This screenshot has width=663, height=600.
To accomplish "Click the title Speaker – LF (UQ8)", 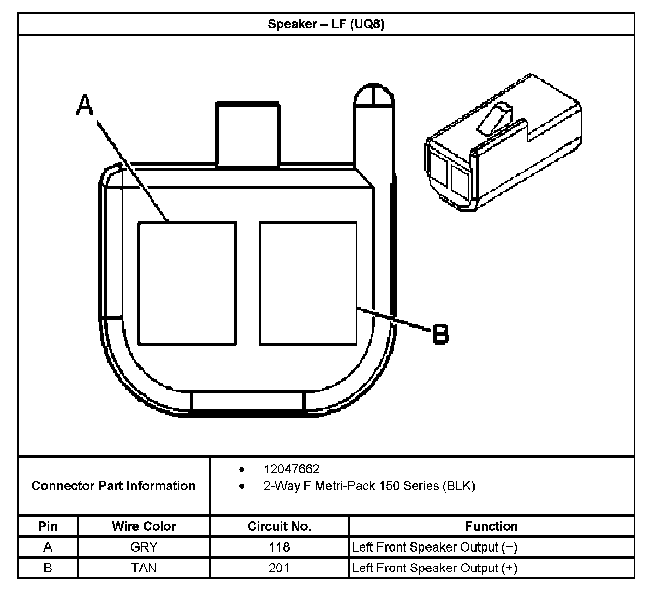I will coord(326,24).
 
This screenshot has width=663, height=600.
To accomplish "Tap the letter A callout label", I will coord(85,106).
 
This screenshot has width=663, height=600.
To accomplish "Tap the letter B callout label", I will coord(441,334).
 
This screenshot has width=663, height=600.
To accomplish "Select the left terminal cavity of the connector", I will coord(187,283).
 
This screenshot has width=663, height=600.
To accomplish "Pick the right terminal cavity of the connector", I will coord(308,283).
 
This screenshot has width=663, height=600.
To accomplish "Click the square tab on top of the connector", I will coord(248,134).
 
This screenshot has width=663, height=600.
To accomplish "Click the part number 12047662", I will coord(292,469).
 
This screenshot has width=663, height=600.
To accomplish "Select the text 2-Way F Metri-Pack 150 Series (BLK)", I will coord(369,486).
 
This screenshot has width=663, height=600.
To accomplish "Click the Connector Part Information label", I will coord(114,486).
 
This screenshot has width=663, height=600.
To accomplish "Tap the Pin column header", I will coord(48,526).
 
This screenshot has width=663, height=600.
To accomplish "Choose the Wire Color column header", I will coord(144,526).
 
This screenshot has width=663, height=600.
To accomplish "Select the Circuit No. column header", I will coord(279,526).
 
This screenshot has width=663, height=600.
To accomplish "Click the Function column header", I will coord(491,526).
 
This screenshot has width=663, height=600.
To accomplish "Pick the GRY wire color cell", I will coord(144,547).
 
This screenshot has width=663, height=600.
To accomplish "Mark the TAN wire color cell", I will coord(144,568).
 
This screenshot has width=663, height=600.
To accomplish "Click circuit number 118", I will coord(279,547).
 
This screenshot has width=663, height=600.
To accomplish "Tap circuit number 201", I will coord(279,568).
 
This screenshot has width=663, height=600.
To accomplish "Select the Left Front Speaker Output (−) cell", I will coord(435,547).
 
